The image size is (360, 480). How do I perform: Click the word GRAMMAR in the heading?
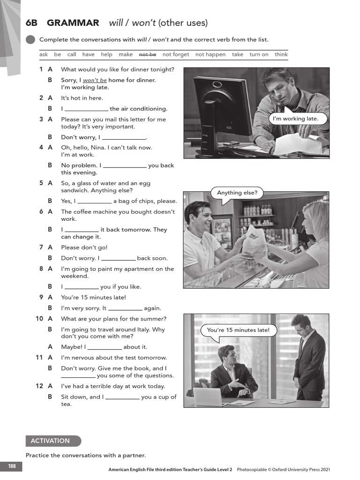coord(73,23)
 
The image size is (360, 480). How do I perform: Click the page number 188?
coord(11,466)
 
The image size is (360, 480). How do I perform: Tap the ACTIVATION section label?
coord(51,441)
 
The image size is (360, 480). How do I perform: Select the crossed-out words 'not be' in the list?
coord(148,54)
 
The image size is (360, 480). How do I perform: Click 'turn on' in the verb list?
coord(259,54)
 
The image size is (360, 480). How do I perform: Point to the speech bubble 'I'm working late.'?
coord(299,119)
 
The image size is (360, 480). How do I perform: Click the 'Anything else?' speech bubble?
coord(237,193)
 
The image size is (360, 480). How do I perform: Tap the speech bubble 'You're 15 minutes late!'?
coord(238,330)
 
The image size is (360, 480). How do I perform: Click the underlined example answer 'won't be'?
coord(95,80)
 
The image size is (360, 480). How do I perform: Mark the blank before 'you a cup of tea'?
coord(122,397)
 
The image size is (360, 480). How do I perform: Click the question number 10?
coord(39,319)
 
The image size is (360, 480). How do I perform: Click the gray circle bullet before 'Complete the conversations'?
coord(30,40)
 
